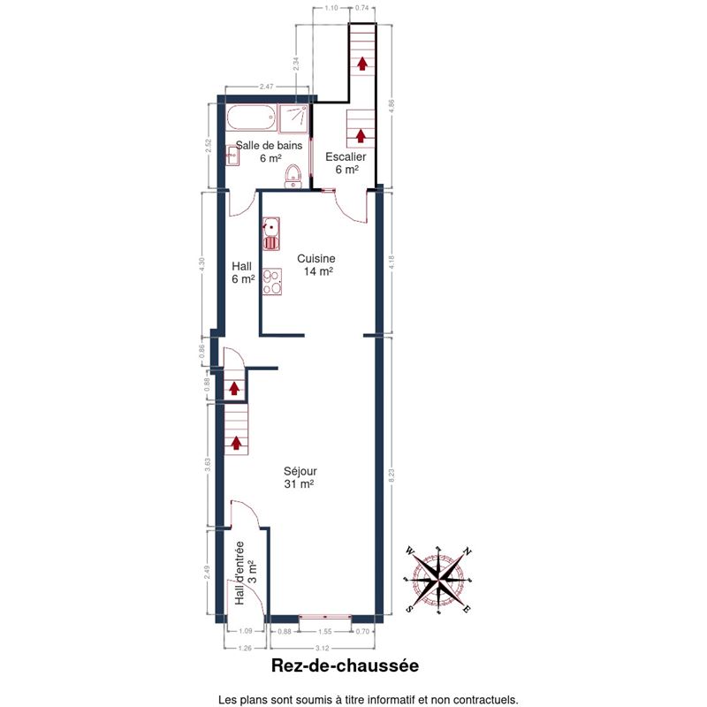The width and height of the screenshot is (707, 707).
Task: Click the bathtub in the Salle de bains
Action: [x=251, y=118]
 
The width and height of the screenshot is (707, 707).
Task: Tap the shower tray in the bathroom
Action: [x=293, y=119]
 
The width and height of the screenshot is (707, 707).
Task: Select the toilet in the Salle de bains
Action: [x=293, y=176]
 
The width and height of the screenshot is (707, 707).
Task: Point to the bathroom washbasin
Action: [x=232, y=156]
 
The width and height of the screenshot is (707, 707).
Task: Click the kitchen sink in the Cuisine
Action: [x=271, y=233]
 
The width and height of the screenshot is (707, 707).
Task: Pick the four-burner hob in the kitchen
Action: [x=272, y=282]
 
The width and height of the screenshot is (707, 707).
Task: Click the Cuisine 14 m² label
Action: [x=316, y=264]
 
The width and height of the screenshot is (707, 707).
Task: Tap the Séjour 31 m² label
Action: [x=300, y=477]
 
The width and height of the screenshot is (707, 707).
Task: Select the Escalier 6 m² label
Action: [x=346, y=163]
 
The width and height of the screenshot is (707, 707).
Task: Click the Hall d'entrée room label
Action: [x=246, y=573]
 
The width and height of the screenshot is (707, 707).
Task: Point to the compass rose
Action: [x=438, y=580]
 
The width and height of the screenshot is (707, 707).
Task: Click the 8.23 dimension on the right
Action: [x=391, y=475]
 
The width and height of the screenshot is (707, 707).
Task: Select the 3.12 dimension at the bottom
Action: [x=322, y=649]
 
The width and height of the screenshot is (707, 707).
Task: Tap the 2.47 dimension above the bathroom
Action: [x=267, y=87]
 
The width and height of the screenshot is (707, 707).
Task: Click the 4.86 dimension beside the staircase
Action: [x=391, y=106]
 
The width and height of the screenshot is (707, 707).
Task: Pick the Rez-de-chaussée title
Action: [x=345, y=665]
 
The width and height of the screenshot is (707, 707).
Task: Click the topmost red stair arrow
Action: [x=361, y=64]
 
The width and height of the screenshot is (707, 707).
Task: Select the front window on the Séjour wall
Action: [x=325, y=616]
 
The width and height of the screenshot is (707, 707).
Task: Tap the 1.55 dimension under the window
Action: [x=324, y=632]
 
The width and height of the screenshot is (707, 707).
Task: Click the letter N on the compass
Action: [x=468, y=551]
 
